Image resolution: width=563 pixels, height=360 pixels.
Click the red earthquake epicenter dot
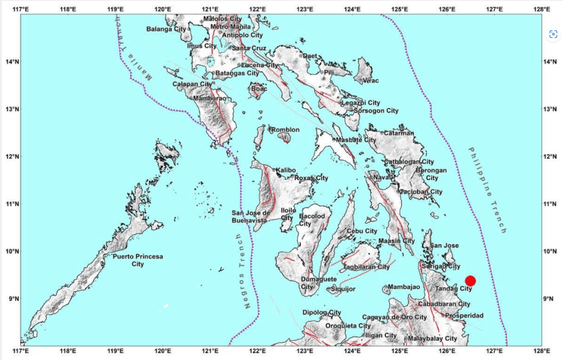(470, 281)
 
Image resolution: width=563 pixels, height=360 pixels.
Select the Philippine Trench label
(487, 190)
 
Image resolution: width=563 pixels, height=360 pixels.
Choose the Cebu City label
(362, 231)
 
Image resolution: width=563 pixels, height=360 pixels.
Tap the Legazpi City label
(360, 103)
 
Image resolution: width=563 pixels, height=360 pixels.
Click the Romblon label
(286, 130)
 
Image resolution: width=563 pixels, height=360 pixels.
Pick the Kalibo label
(286, 170)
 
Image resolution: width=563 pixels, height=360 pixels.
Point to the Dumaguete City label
(315, 283)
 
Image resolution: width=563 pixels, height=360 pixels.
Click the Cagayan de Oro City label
(395, 318)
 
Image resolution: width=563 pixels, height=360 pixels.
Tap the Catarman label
(399, 133)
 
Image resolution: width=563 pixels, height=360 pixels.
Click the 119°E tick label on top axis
(115, 9)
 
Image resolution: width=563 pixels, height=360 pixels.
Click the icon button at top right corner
(553, 34)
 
